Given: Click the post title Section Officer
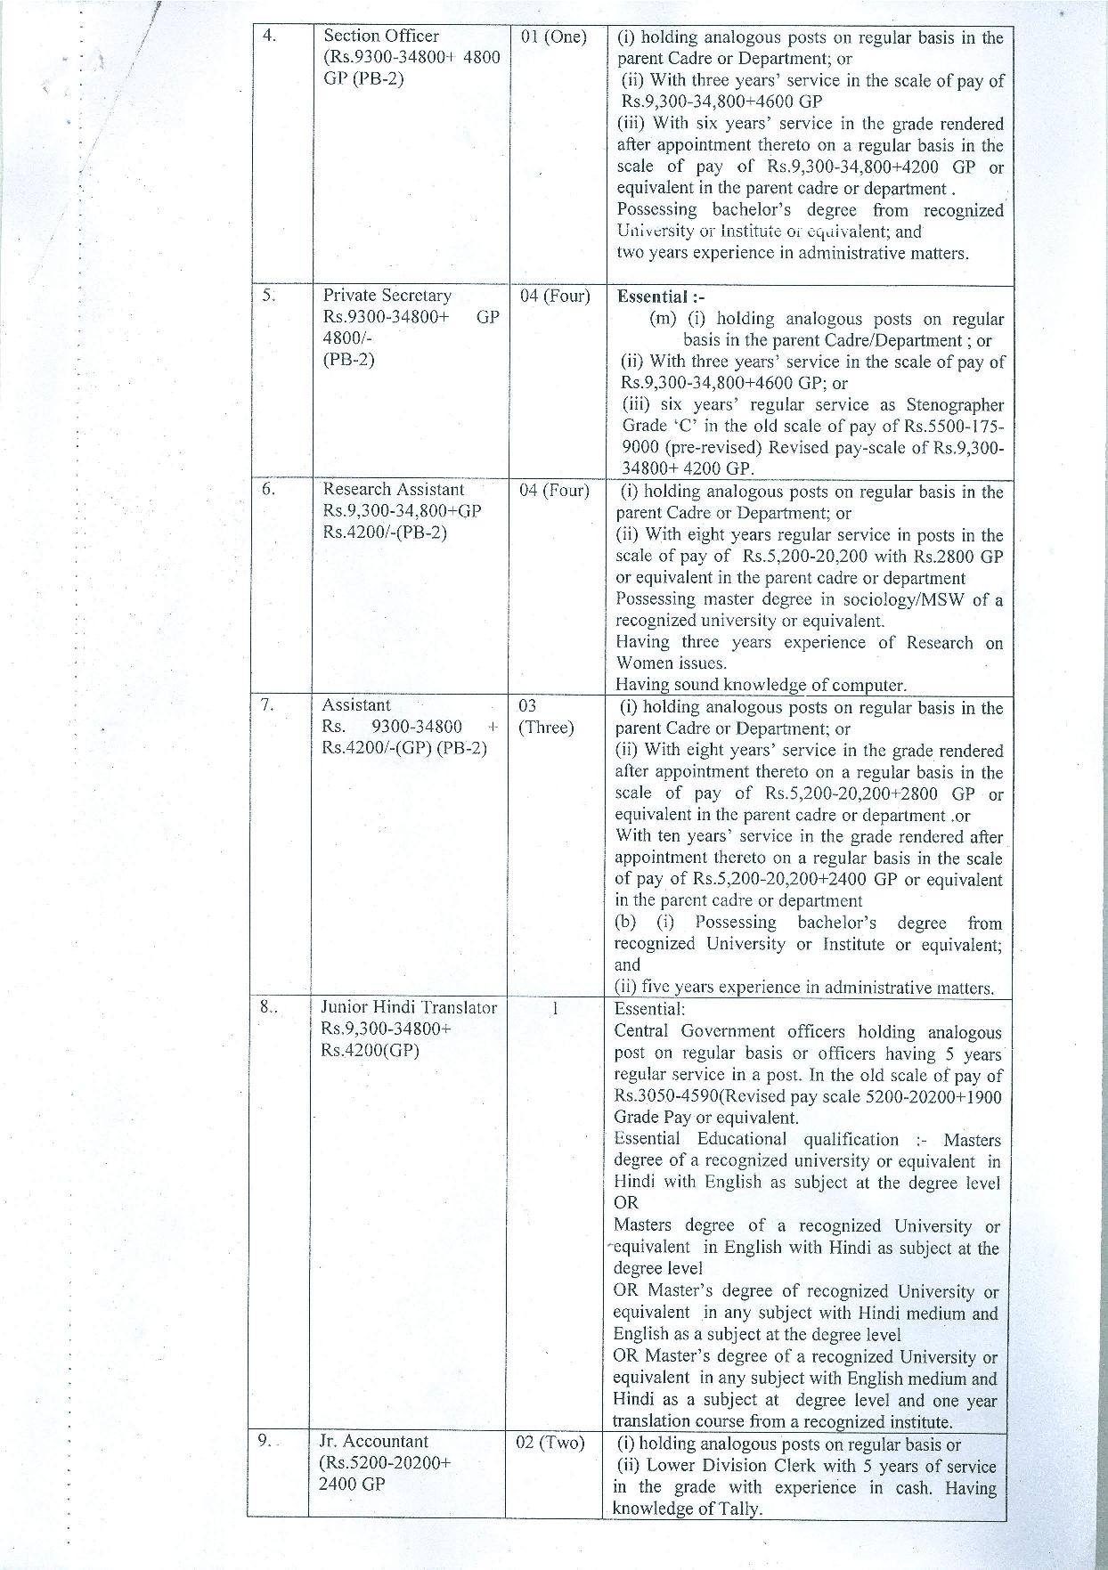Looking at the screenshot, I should click(x=380, y=37).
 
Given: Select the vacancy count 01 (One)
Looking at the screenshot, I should click(x=552, y=37).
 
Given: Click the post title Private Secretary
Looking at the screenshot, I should click(x=387, y=296).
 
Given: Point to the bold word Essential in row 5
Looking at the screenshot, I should click(x=651, y=297).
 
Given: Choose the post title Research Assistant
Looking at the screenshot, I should click(x=393, y=490).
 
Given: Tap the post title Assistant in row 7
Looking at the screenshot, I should click(x=356, y=705).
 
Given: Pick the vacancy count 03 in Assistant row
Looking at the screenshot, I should click(x=527, y=706).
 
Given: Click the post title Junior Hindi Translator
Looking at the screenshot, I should click(x=409, y=1008).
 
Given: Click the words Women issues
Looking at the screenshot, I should click(x=671, y=663).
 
